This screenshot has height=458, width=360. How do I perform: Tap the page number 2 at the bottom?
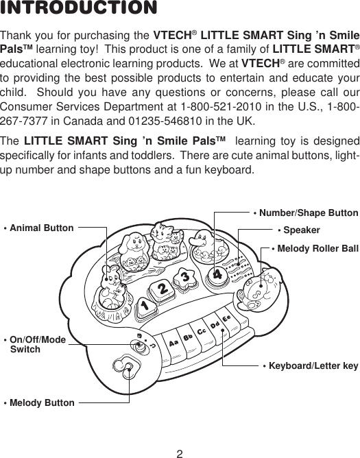[x=180, y=452]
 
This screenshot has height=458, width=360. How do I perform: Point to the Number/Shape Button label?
[x=306, y=213]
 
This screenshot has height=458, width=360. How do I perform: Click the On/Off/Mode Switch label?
[x=35, y=344]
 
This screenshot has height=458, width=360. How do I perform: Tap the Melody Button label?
[x=39, y=402]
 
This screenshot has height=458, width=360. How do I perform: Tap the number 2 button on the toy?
[x=163, y=290]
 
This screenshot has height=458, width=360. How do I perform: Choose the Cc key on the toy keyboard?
[x=202, y=332]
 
